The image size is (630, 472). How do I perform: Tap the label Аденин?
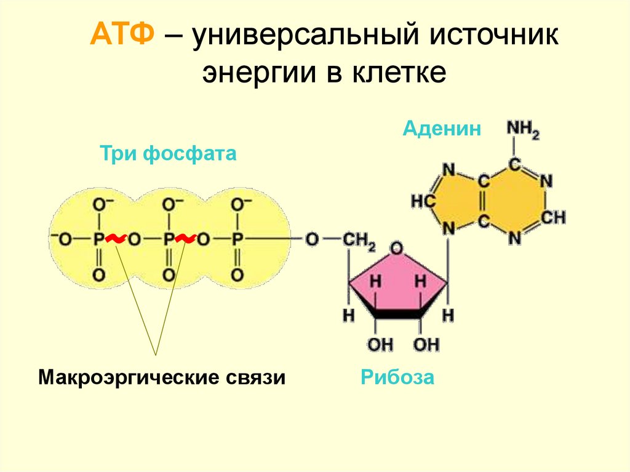(442, 129)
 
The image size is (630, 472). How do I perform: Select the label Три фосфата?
(168, 153)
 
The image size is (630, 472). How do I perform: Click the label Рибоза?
(397, 377)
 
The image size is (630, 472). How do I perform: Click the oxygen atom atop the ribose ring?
(397, 248)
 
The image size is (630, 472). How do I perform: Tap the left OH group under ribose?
(380, 345)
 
